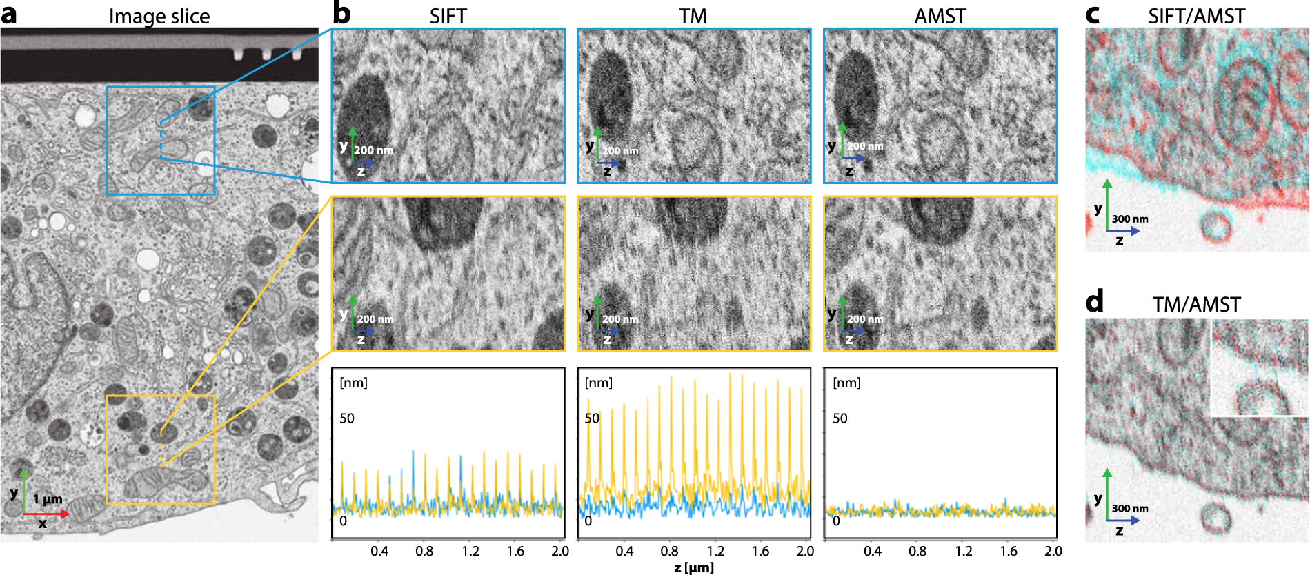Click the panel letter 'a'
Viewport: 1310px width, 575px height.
point(9,14)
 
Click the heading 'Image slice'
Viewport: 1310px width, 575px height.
point(159,16)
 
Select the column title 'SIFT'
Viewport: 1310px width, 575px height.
point(448,16)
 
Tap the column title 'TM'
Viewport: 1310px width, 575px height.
point(693,16)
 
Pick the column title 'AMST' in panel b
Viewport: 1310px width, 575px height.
point(940,16)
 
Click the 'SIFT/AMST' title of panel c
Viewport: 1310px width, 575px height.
point(1196,16)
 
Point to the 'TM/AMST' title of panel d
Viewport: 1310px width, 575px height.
point(1196,304)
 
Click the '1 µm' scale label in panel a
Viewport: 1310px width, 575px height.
point(48,498)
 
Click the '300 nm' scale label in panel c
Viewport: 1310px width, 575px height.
point(1130,219)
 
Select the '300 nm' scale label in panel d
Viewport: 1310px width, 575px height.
point(1130,509)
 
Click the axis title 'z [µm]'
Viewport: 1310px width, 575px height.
point(694,567)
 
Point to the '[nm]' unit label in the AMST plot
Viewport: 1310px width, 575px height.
point(846,383)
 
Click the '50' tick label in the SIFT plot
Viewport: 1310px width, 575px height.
point(347,418)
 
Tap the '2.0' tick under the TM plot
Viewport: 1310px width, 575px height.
point(805,551)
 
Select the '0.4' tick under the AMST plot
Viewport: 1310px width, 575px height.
point(873,551)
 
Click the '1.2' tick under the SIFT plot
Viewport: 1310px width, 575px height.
point(470,551)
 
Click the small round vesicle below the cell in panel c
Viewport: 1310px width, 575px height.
point(1215,228)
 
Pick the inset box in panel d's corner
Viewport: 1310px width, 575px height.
point(1260,367)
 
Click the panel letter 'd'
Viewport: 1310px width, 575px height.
point(1095,303)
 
